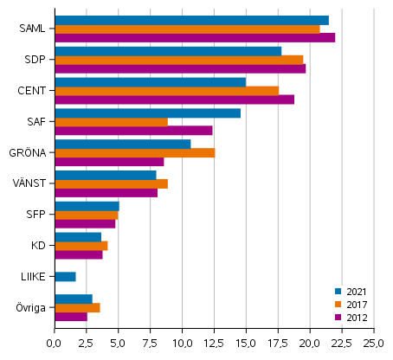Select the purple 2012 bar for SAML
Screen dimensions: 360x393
pos(195,38)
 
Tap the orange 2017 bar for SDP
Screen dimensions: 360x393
pos(178,60)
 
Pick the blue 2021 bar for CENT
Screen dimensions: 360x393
pos(150,82)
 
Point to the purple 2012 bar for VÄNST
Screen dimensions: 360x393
pos(106,193)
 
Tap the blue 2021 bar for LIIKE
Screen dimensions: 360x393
pos(65,277)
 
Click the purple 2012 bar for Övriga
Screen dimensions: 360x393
pos(71,317)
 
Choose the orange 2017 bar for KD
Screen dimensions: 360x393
pos(81,246)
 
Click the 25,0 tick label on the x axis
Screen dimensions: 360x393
pos(373,344)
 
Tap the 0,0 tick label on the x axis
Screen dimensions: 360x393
pos(54,344)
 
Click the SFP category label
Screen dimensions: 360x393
pos(36,215)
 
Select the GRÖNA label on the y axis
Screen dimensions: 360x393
pos(30,153)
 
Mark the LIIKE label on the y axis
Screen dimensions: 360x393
pos(34,277)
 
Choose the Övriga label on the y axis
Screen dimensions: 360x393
pos(32,308)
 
